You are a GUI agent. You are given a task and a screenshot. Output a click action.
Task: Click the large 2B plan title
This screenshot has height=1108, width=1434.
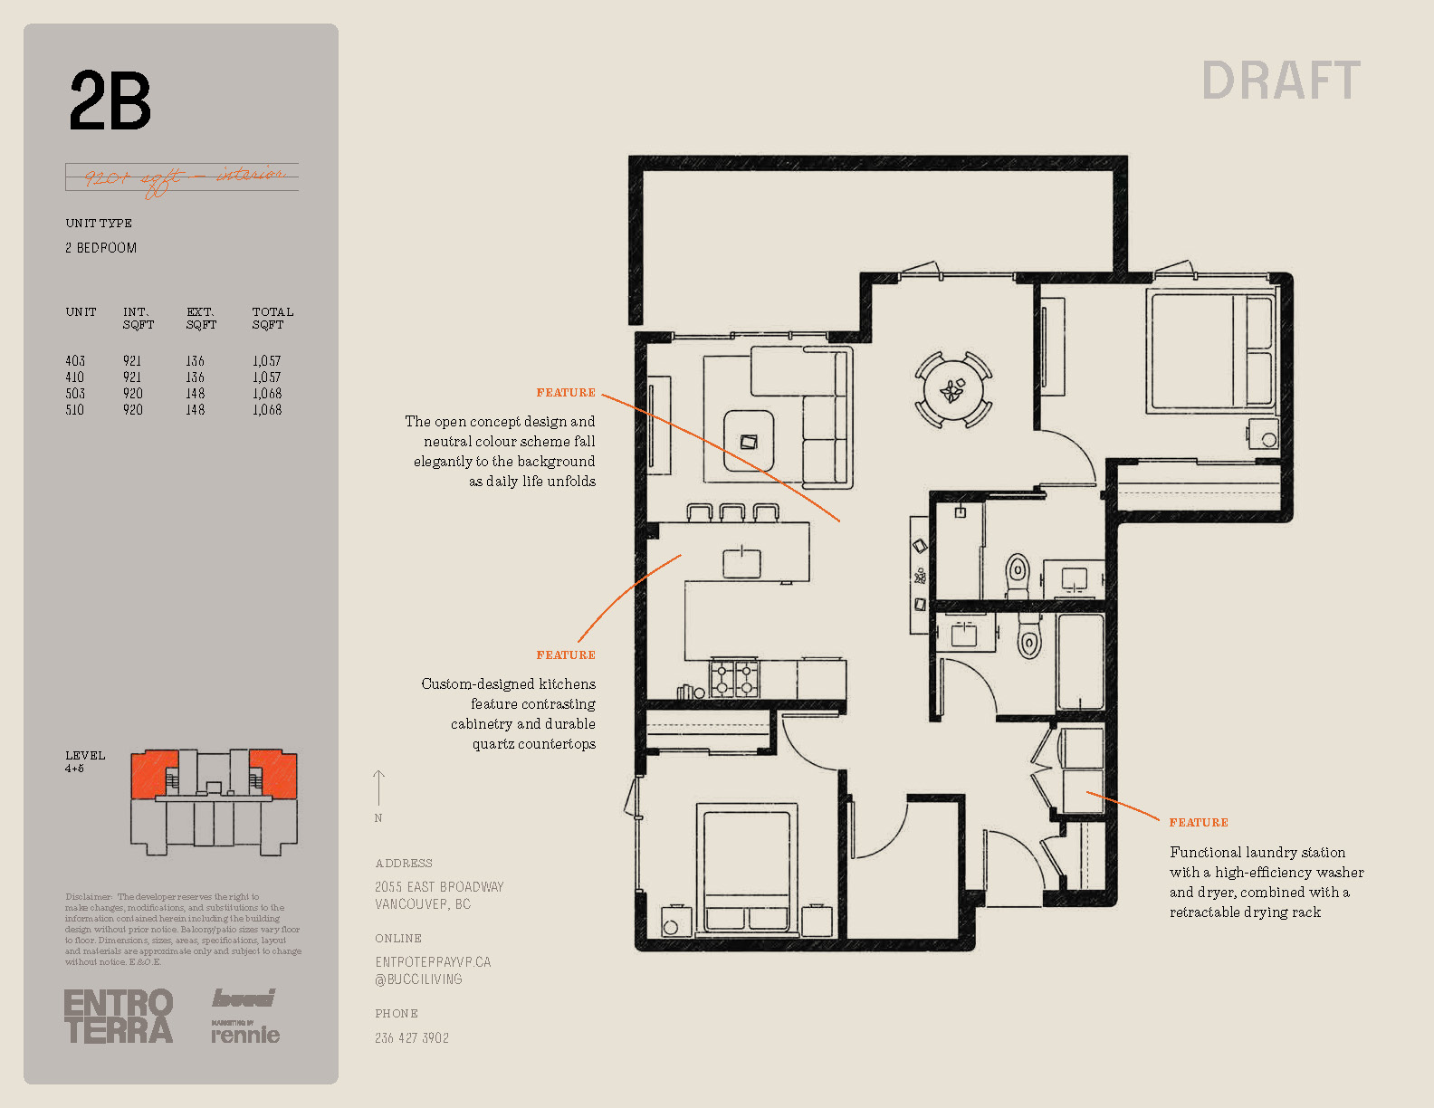[x=110, y=100]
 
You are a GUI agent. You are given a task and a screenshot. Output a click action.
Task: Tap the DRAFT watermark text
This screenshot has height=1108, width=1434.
[x=1280, y=81]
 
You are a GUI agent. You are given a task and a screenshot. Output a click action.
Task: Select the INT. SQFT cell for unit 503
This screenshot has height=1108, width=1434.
[x=133, y=394]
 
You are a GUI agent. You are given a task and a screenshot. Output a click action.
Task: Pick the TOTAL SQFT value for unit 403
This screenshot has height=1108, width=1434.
[x=267, y=361]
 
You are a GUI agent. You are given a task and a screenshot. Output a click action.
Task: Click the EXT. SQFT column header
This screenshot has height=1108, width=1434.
[x=201, y=318]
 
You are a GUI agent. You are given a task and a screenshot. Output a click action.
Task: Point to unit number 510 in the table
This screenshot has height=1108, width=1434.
[x=75, y=410]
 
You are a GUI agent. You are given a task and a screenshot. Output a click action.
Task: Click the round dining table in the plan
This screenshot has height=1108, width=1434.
[x=952, y=390]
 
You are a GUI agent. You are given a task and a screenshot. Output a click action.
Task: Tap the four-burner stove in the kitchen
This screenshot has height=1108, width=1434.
[x=734, y=678]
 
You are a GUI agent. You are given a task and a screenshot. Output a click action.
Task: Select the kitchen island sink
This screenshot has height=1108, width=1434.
[x=741, y=563]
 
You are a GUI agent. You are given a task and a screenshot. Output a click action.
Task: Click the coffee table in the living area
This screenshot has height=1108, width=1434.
[x=748, y=440]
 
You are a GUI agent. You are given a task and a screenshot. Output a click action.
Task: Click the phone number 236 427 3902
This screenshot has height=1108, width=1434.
[x=412, y=1038]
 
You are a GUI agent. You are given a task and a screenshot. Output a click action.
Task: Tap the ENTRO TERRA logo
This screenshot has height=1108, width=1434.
[x=118, y=1017]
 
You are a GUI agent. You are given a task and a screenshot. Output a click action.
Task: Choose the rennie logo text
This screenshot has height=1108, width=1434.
[x=245, y=1035]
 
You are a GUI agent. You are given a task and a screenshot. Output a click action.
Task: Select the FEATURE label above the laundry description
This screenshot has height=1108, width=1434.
[x=1199, y=822]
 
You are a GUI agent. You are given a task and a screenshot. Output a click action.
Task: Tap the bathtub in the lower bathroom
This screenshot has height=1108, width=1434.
[x=1080, y=662]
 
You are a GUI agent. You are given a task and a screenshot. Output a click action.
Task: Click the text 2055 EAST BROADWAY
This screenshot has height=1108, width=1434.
[x=439, y=887]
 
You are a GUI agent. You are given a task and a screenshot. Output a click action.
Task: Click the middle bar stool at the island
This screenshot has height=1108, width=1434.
[x=732, y=513]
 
